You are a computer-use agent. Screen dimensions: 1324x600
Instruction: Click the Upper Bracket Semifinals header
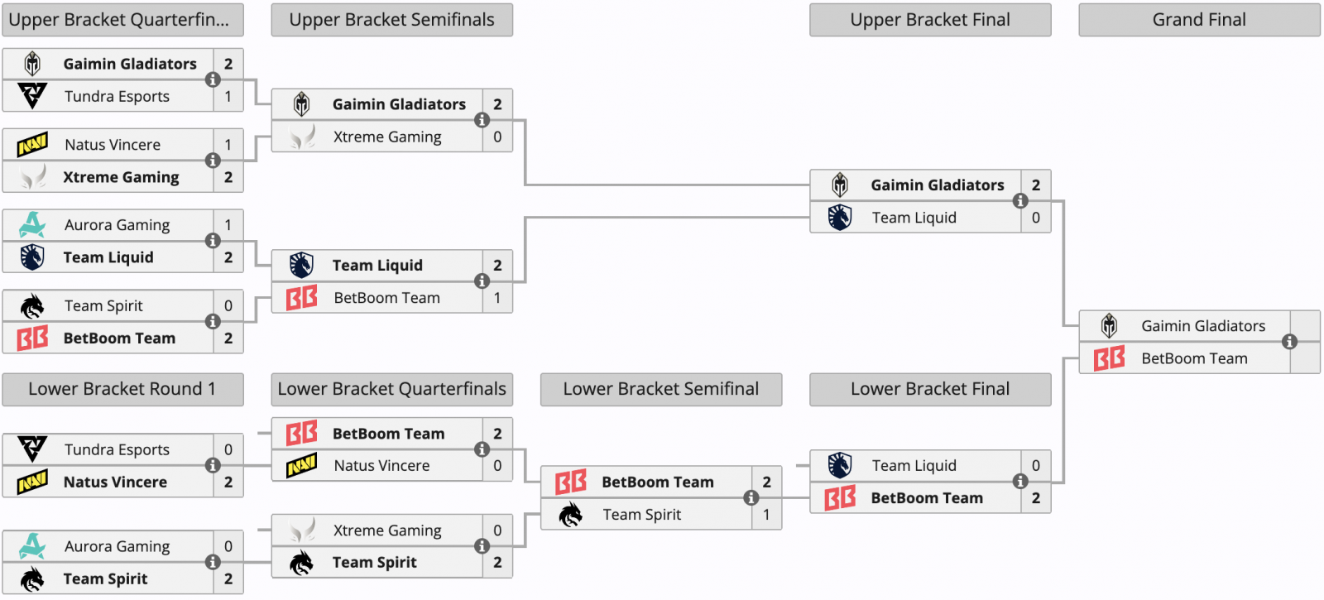point(392,20)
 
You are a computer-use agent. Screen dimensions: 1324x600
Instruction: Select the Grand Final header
point(1199,20)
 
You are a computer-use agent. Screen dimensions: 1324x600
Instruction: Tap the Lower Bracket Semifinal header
point(661,389)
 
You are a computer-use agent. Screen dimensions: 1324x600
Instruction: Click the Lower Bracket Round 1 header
point(122,389)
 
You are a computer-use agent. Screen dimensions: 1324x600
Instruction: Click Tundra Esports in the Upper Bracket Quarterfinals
point(117,96)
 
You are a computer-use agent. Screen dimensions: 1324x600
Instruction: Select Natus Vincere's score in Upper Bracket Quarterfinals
point(228,145)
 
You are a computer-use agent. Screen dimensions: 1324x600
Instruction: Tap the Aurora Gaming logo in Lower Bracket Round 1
point(32,545)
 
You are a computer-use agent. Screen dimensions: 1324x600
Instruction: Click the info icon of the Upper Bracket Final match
point(1020,201)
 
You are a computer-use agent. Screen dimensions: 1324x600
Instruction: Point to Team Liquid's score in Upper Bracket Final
point(1035,218)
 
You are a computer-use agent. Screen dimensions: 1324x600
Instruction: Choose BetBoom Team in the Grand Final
point(1195,358)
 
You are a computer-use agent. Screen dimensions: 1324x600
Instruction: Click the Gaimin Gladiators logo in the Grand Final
point(1110,326)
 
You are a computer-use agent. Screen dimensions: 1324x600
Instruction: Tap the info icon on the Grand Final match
point(1290,342)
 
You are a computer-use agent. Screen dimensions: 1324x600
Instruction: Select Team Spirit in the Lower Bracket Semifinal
point(642,514)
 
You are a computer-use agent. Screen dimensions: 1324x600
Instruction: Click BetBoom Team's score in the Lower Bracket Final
point(1035,498)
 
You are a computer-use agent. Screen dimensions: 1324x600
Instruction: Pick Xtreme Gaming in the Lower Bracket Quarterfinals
point(387,530)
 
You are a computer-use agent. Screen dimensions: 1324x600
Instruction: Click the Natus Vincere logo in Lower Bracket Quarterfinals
point(301,465)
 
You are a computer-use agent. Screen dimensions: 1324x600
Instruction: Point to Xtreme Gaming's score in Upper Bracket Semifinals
point(497,137)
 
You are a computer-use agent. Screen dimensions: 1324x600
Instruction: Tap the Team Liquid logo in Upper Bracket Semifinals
point(301,266)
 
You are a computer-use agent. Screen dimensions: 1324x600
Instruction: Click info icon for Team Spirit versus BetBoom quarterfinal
point(213,322)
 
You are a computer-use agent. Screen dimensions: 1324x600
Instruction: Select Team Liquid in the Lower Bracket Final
point(914,466)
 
